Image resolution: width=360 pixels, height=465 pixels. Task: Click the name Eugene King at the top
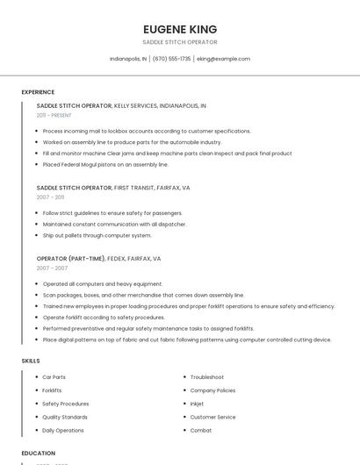click(x=179, y=29)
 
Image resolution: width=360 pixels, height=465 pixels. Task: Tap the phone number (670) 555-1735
click(x=171, y=59)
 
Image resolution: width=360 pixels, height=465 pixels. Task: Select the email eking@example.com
click(x=223, y=59)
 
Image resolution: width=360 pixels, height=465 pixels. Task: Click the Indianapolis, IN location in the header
click(x=128, y=59)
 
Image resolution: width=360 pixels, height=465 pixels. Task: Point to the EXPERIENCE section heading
click(x=38, y=92)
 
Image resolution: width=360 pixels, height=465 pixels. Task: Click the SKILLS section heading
click(x=31, y=361)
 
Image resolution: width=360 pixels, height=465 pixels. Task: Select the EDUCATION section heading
click(x=39, y=454)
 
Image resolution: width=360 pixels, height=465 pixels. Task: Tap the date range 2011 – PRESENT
click(x=54, y=115)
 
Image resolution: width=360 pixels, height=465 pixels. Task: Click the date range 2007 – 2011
click(x=52, y=197)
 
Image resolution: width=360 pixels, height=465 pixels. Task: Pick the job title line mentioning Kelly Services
click(x=121, y=105)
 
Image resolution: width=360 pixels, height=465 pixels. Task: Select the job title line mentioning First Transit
click(x=113, y=188)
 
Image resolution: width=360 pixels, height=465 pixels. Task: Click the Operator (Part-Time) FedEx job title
click(x=98, y=259)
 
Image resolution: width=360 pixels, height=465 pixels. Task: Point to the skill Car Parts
click(x=54, y=377)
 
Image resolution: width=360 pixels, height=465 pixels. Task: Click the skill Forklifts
click(x=52, y=390)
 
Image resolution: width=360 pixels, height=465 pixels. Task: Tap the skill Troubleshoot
click(x=207, y=377)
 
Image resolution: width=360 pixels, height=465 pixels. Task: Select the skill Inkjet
click(x=198, y=404)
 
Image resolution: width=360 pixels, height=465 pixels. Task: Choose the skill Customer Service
click(x=212, y=417)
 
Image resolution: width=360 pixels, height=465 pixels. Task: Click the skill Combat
click(x=201, y=431)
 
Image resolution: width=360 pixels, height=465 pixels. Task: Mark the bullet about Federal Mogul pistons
click(x=105, y=164)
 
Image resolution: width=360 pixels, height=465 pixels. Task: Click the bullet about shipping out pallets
click(x=97, y=235)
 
